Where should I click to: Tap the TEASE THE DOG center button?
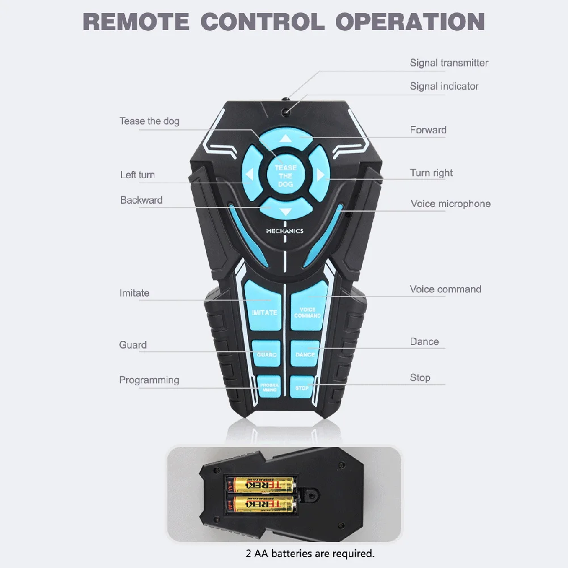285,175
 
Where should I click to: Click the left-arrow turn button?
250,175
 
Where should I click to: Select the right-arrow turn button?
321,174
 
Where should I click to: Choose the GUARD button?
266,354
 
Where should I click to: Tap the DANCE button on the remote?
305,354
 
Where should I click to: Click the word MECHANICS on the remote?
285,231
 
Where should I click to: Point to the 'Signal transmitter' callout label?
449,63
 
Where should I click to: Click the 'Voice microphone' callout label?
451,204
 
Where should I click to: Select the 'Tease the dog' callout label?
149,121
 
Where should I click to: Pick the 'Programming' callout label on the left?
149,380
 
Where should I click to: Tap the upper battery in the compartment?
262,485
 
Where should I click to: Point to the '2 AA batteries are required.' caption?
310,553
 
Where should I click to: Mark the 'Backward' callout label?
141,200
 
